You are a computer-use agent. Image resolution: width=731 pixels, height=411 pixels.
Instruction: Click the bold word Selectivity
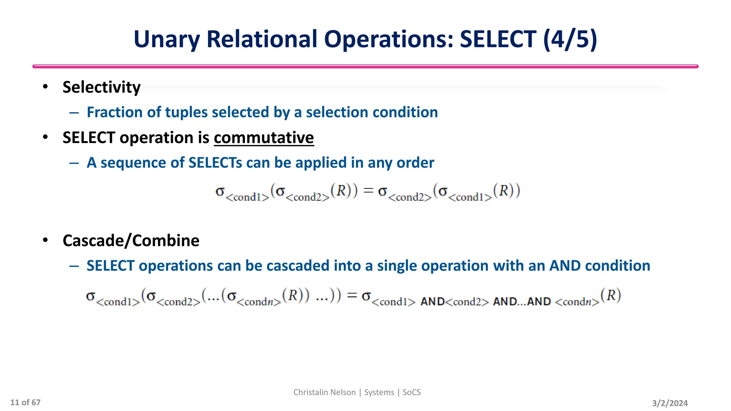pyautogui.click(x=101, y=87)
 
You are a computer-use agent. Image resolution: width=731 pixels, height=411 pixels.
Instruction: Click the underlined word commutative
pyautogui.click(x=264, y=138)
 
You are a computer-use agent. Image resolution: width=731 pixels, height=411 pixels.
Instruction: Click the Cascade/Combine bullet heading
pyautogui.click(x=131, y=240)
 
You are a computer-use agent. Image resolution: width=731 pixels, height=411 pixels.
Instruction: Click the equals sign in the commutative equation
pyautogui.click(x=368, y=191)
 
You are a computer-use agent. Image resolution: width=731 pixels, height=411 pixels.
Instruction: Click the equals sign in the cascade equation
pyautogui.click(x=352, y=295)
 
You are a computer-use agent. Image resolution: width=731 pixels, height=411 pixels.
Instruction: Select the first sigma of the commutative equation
pyautogui.click(x=220, y=192)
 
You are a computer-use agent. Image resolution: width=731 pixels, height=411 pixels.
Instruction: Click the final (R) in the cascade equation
pyautogui.click(x=611, y=295)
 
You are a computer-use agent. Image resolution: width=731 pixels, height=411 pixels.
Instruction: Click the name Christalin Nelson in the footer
pyautogui.click(x=324, y=392)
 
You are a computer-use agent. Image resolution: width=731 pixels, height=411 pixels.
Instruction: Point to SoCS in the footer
pyautogui.click(x=412, y=392)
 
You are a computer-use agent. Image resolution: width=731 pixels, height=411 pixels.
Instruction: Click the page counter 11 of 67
pyautogui.click(x=25, y=402)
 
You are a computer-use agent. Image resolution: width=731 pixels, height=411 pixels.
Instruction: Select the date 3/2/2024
pyautogui.click(x=670, y=403)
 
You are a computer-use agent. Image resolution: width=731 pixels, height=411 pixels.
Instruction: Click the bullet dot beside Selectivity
pyautogui.click(x=45, y=87)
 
